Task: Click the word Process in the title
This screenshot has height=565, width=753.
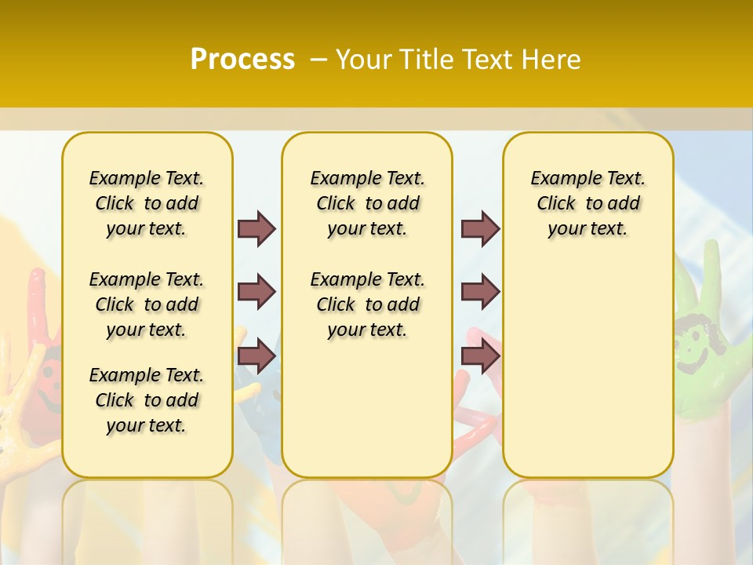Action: [242, 59]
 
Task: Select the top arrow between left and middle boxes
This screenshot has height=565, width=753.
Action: [256, 228]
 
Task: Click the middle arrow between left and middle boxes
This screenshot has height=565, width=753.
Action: [256, 292]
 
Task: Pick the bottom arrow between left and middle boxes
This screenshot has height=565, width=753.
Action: [256, 356]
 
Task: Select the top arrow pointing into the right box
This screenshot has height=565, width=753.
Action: [480, 228]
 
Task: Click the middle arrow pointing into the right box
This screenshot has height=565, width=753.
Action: [480, 292]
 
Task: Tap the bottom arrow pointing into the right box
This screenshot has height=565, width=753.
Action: [480, 356]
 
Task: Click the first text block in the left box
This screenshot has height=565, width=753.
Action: [147, 203]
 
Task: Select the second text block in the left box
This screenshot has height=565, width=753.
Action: [147, 304]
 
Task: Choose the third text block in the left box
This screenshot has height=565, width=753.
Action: [147, 400]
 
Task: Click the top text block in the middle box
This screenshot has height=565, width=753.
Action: [367, 203]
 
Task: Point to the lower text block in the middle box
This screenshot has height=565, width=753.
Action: [367, 304]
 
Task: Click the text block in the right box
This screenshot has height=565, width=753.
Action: [587, 203]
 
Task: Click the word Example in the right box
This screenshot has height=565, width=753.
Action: [558, 178]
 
